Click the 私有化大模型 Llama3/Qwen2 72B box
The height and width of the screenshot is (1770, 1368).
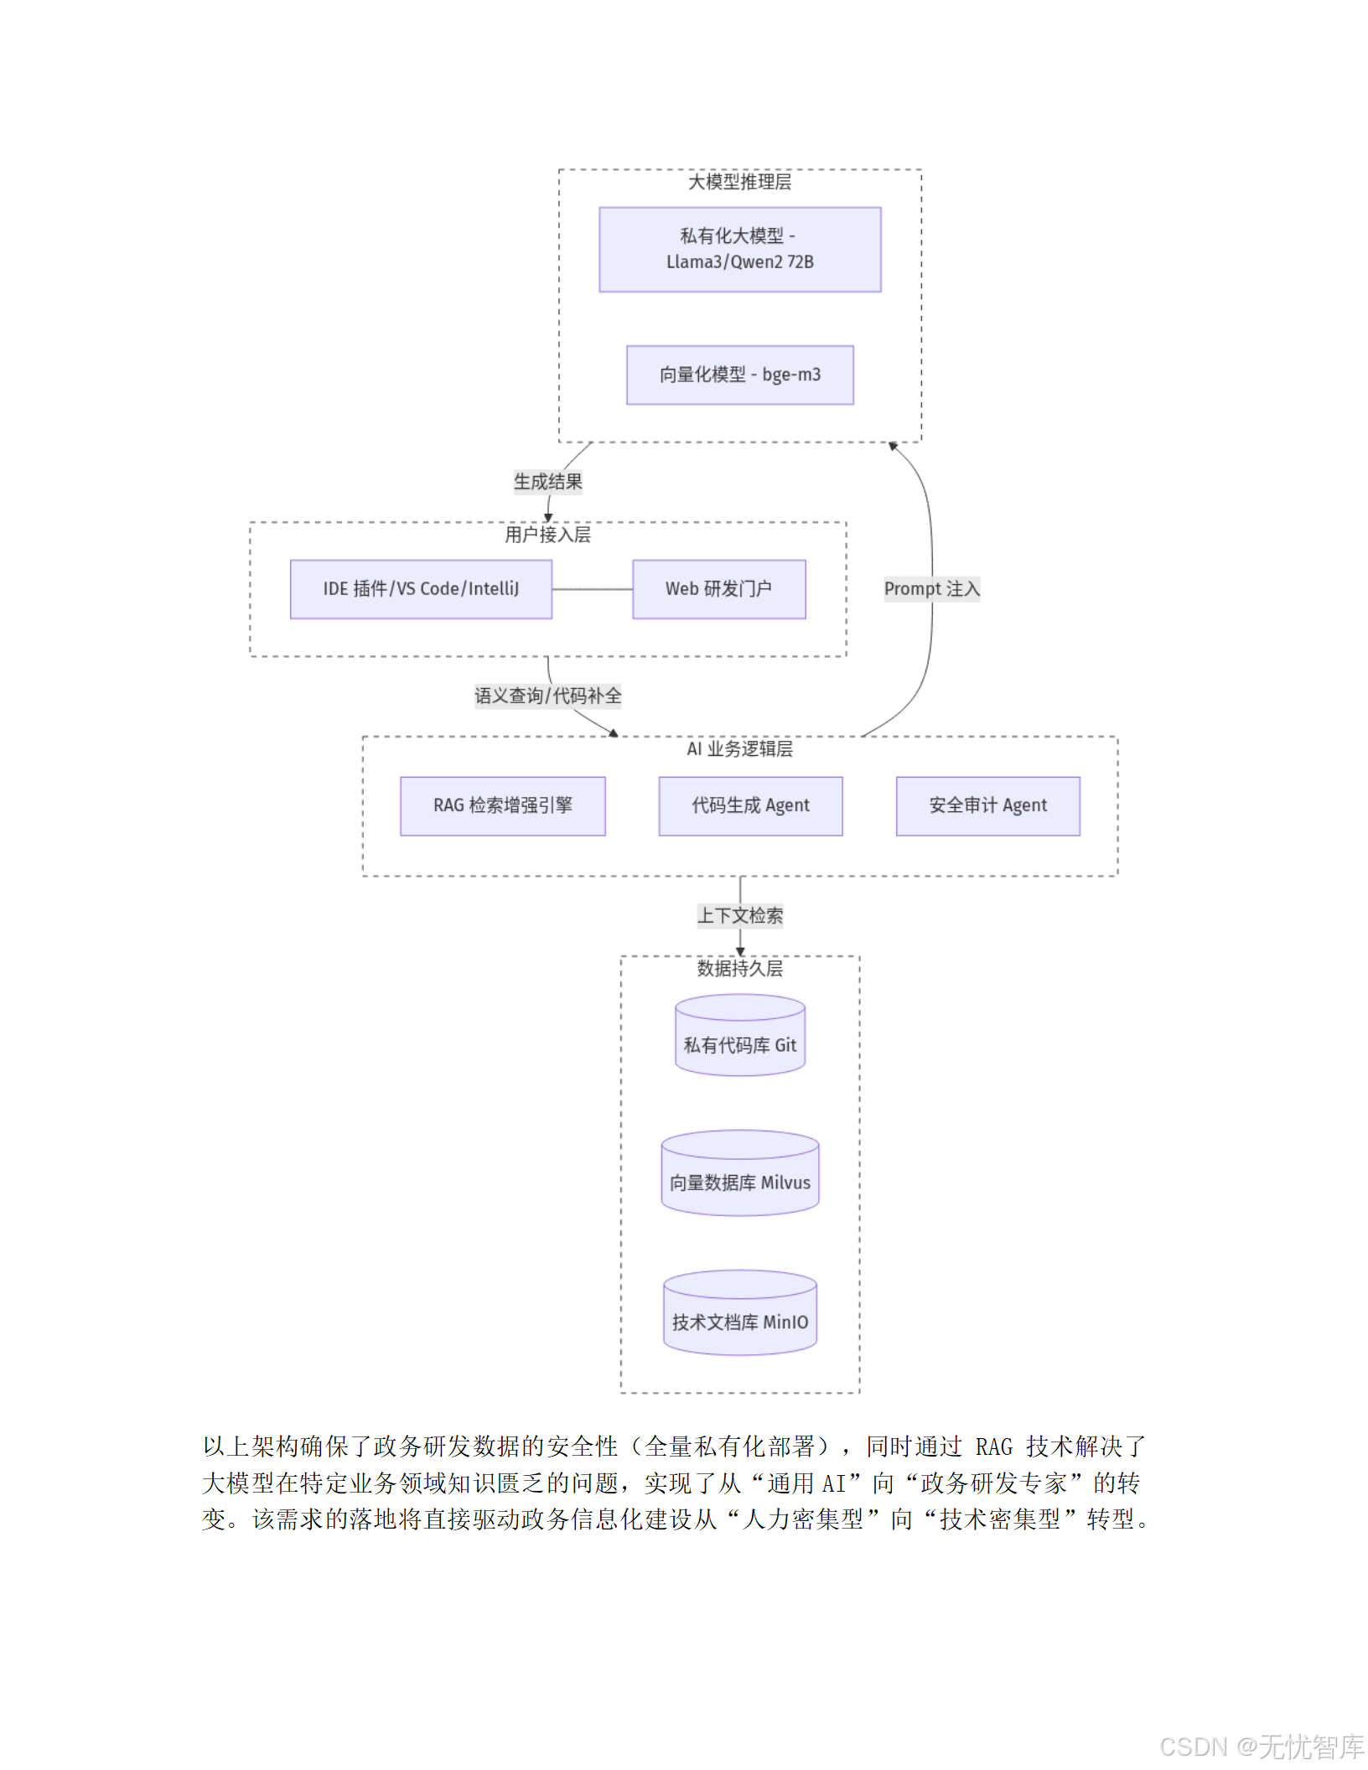coord(739,249)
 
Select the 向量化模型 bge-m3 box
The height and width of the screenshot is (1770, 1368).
coord(739,375)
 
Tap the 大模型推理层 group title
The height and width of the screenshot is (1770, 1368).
coord(739,182)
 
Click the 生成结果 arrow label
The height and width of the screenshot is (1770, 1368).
coord(547,482)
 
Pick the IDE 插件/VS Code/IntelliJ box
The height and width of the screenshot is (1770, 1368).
coord(421,589)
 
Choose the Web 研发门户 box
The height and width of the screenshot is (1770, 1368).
coord(718,589)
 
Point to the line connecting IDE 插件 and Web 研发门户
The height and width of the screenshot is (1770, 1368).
coord(592,589)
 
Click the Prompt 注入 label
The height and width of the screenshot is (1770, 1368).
coord(931,589)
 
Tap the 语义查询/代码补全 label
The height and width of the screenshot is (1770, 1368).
coord(547,696)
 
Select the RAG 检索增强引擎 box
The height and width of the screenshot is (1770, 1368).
coord(502,805)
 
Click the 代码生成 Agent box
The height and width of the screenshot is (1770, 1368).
coord(750,805)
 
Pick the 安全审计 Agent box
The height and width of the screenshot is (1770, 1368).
coord(987,805)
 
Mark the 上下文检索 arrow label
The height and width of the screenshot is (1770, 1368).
coord(739,915)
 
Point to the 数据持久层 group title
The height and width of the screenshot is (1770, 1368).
coord(739,969)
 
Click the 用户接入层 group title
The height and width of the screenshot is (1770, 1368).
coord(547,535)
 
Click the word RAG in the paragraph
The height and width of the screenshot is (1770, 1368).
coord(994,1447)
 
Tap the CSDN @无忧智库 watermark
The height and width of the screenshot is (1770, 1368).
coord(1261,1747)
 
